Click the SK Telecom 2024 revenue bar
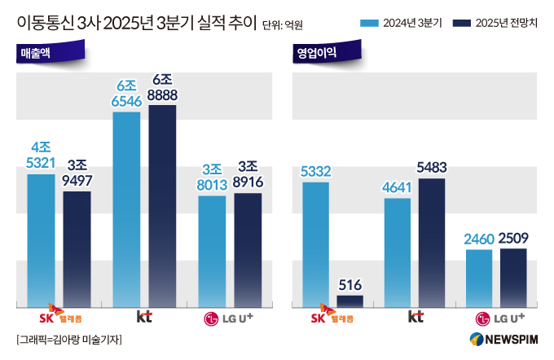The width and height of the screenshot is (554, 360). [41, 240]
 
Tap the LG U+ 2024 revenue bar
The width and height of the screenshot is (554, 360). [212, 250]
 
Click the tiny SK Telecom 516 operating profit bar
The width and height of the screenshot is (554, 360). [350, 301]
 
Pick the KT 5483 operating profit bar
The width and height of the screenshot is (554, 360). [432, 242]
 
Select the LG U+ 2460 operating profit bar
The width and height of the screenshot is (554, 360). [479, 278]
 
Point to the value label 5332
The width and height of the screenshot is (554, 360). [315, 172]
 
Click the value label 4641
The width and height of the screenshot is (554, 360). [397, 187]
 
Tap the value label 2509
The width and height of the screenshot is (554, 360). [513, 239]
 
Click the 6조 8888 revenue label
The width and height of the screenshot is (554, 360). [162, 88]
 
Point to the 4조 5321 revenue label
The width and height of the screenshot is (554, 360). [41, 155]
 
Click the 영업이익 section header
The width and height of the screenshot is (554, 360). [317, 55]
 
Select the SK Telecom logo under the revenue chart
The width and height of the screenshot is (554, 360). [59, 315]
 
